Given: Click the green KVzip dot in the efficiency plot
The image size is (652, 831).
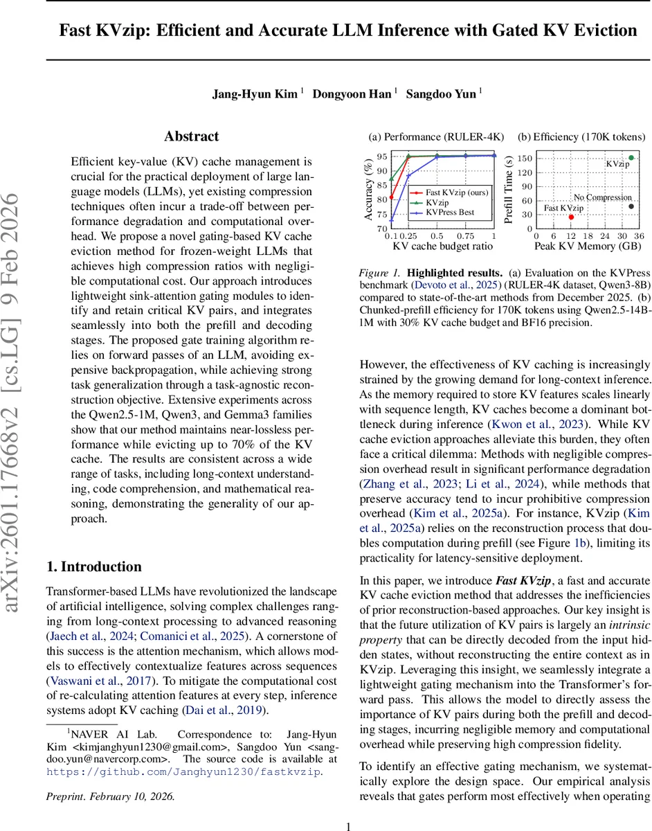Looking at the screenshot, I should tap(631, 158).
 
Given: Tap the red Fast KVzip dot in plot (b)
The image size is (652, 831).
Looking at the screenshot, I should tap(571, 217).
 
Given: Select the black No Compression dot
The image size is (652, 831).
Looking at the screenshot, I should tap(631, 206).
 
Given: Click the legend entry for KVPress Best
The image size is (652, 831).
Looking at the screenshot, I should tap(450, 212).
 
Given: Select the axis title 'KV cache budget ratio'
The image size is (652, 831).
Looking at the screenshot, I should tap(443, 247).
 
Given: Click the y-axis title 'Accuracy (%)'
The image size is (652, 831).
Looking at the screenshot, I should tap(369, 190).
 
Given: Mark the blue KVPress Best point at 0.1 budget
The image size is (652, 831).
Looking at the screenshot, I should tap(392, 220).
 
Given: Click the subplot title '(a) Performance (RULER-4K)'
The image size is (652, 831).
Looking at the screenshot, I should tap(436, 136).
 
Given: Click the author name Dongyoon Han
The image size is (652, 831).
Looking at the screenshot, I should tap(352, 93).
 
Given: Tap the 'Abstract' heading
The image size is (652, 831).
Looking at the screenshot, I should tap(191, 136).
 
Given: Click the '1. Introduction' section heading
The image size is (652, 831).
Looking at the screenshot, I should tap(94, 566).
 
